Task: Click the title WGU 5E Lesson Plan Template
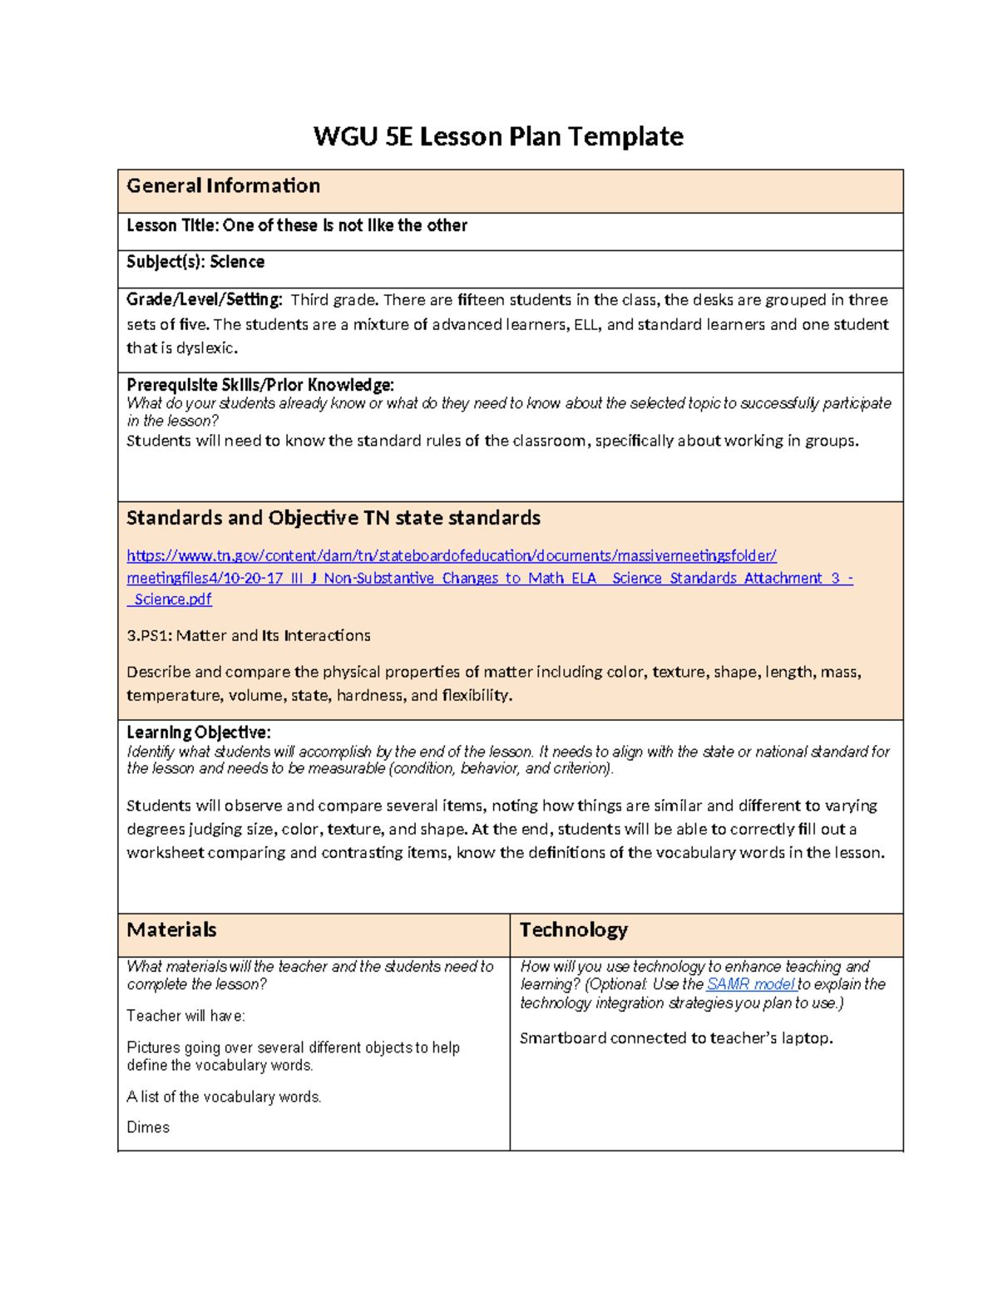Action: tap(498, 136)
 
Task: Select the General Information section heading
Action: tap(223, 186)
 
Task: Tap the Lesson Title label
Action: tap(173, 226)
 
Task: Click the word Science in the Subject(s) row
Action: tap(237, 263)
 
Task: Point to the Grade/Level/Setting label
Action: tap(204, 299)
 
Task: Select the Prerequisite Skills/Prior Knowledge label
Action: tap(259, 385)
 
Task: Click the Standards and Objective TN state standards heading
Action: tap(333, 519)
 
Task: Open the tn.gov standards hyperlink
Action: tap(451, 556)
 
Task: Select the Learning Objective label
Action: tap(198, 732)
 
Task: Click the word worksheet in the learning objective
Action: tap(165, 853)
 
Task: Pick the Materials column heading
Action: tap(171, 930)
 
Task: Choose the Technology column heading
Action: tap(573, 930)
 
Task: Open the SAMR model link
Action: tap(750, 984)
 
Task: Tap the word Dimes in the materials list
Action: tap(148, 1128)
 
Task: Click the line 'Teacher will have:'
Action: tap(185, 1016)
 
